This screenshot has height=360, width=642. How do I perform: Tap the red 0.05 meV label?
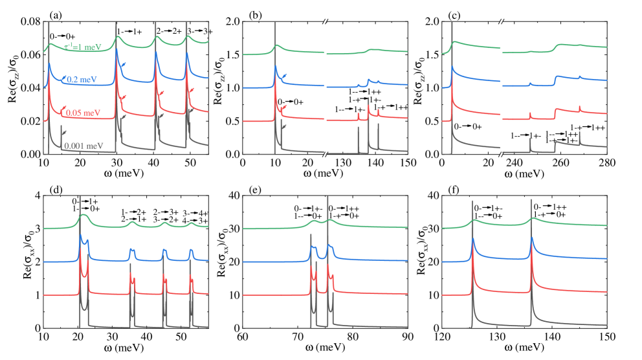pos(83,113)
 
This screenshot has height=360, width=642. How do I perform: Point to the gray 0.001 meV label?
pos(84,146)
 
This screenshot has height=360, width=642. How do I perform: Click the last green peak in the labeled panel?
pos(187,36)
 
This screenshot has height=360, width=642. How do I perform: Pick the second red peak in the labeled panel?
pos(116,84)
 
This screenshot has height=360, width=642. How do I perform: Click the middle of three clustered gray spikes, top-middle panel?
pos(368,98)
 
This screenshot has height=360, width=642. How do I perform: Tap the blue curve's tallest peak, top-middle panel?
pos(275,66)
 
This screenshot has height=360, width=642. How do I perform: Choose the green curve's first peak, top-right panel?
pos(454,42)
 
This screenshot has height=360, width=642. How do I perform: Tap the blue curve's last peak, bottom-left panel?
pos(191,249)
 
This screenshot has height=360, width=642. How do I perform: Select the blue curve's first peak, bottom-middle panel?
pos(311,247)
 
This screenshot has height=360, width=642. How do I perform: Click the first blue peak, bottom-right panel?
pos(473,239)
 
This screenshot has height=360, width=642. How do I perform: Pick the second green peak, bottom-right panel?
pos(532,219)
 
